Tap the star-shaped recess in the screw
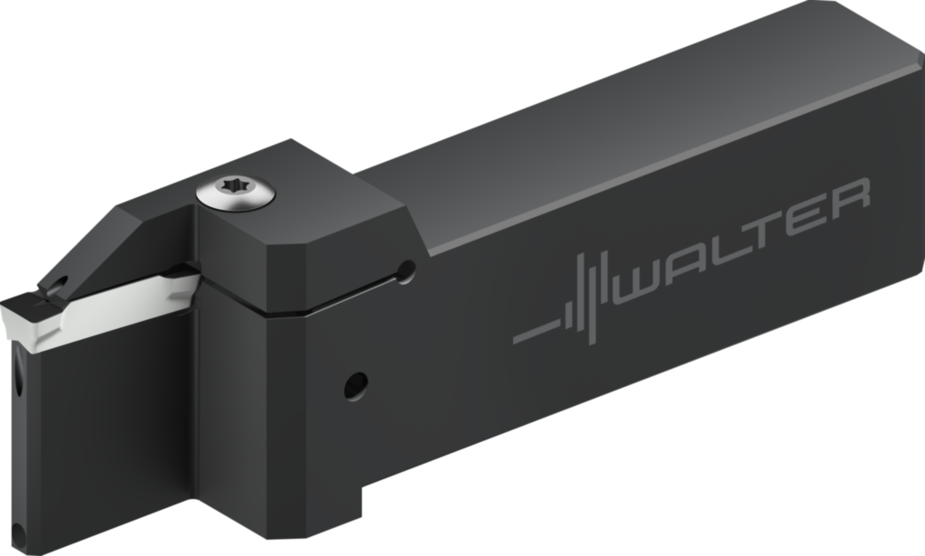coord(238,184)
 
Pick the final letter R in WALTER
coord(847,200)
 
